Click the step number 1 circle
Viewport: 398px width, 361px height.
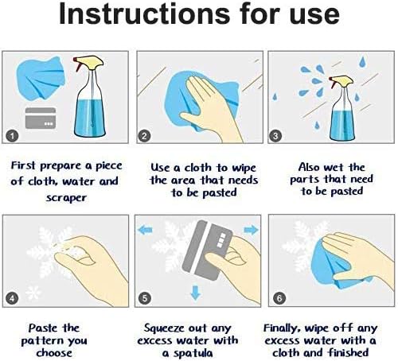click(x=12, y=136)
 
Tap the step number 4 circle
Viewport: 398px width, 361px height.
click(x=12, y=298)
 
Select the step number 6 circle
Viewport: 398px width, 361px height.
click(x=279, y=298)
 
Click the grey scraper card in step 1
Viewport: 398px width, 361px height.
click(x=41, y=118)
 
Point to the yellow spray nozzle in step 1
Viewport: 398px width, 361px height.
click(x=90, y=63)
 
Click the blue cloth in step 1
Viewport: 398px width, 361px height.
click(x=41, y=79)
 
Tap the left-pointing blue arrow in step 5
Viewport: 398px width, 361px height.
click(x=146, y=230)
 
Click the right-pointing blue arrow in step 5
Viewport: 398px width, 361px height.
click(x=251, y=230)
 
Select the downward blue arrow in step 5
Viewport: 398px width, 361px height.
click(x=196, y=293)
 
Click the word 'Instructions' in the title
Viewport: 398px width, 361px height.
click(x=145, y=14)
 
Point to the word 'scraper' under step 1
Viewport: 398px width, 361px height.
click(x=66, y=198)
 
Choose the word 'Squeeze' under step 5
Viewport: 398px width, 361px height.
click(x=164, y=329)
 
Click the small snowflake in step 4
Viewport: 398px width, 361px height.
click(x=33, y=293)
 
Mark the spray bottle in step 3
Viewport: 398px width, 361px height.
click(x=341, y=107)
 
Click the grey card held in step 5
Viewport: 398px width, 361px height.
click(x=206, y=250)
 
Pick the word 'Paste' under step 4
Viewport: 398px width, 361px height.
click(x=43, y=328)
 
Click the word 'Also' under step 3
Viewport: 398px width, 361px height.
click(x=309, y=168)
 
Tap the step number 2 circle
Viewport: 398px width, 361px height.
click(x=144, y=136)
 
